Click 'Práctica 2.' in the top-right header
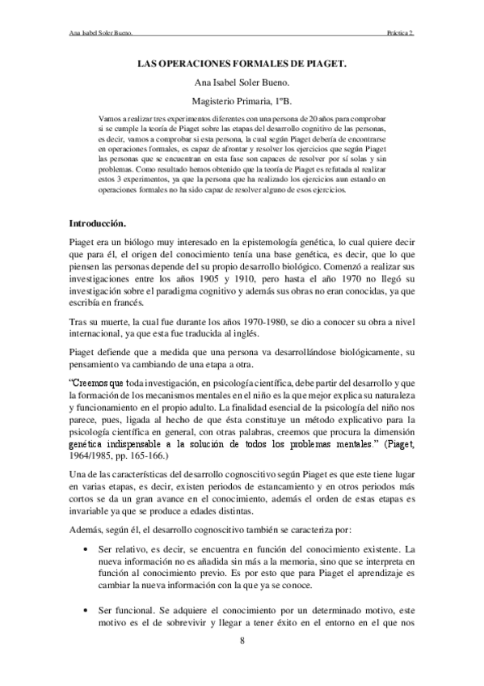pos(401,33)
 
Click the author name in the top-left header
pos(99,33)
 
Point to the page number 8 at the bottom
pos(242,641)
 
